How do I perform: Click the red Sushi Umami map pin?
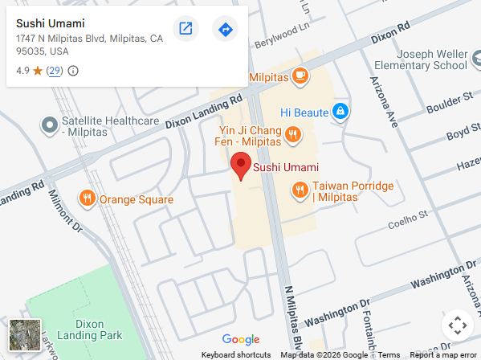240,166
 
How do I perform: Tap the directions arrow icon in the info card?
226,30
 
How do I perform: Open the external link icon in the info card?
185,30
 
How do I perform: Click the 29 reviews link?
55,71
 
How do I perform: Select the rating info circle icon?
73,71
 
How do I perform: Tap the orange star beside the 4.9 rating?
38,71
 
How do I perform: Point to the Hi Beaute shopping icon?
340,110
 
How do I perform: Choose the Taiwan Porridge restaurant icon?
300,190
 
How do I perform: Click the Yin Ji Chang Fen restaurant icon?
292,134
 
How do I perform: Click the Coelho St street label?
406,223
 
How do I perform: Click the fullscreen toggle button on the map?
457,325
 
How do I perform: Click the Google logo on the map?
241,340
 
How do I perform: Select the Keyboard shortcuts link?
236,355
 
